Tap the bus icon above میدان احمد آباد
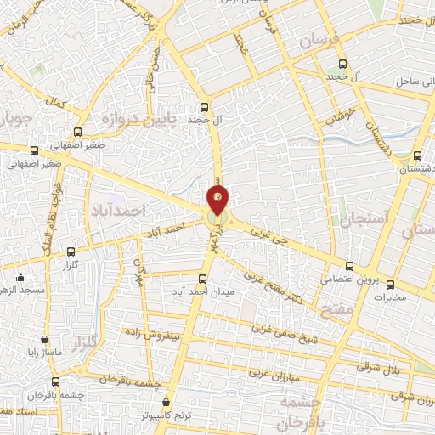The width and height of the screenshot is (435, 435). pos(202,278)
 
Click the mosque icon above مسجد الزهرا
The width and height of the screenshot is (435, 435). pos(20,277)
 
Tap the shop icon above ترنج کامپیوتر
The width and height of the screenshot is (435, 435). pos(166,402)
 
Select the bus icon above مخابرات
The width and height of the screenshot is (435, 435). pos(390,285)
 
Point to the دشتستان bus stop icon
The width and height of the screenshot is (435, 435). pos(416,155)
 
